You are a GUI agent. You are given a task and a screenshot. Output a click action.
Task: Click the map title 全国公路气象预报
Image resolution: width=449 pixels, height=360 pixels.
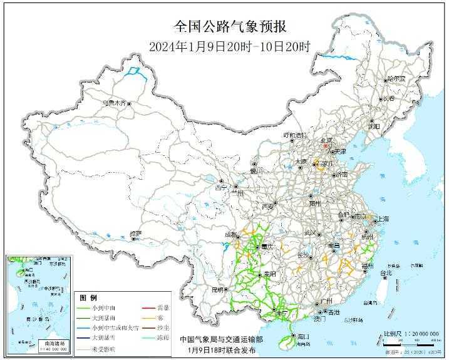click(x=224, y=27)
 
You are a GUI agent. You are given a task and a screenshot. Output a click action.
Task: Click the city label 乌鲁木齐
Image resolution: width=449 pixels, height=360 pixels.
click(x=115, y=101)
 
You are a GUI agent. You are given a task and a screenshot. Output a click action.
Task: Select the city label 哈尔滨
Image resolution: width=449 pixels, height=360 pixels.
click(x=396, y=80)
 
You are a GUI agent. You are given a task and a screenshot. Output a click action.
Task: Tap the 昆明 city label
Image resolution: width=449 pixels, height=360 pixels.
click(x=217, y=289)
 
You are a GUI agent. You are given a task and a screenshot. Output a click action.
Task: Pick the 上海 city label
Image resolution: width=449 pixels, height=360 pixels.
click(x=380, y=219)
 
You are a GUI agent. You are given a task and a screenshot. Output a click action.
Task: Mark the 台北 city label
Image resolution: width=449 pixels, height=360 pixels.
click(x=386, y=273)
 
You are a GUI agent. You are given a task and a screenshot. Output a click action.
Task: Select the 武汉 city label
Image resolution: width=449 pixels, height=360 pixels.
click(x=310, y=232)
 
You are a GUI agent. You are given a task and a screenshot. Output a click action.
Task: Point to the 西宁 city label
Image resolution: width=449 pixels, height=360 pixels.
click(x=221, y=187)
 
